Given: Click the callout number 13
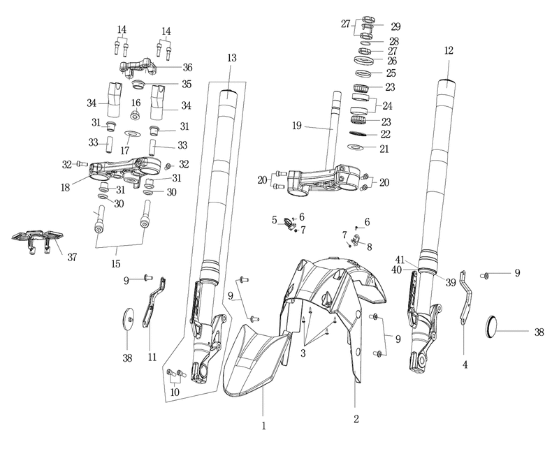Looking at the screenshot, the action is coord(232,58).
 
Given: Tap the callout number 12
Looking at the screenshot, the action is coord(449,50).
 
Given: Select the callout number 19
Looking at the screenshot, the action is coord(296,126).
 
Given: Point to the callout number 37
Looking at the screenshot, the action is coord(72,257).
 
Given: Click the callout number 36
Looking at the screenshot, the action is coord(187,67).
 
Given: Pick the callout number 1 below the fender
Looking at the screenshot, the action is coord(264,426).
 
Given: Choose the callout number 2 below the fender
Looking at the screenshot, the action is coord(356,419).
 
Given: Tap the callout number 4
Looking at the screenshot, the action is coord(465,365).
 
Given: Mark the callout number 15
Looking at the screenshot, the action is coord(116,264).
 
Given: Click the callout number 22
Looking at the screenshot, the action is coord(386,134).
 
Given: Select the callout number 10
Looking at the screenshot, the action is coord(175,392).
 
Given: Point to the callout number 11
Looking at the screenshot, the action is coord(152,357).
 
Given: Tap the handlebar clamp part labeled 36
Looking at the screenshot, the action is coord(138,67).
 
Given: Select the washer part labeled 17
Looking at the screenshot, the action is coord(133,133).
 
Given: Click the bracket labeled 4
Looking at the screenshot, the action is coord(465,299).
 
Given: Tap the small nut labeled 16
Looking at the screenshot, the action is coord(135,115).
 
